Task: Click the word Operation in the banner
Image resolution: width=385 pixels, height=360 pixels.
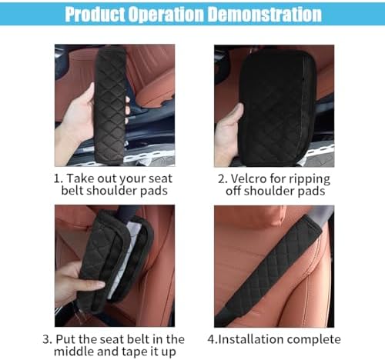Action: point(166,15)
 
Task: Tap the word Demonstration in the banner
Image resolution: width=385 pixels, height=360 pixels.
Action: point(264,14)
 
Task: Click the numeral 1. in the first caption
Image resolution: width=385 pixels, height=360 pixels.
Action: point(59,178)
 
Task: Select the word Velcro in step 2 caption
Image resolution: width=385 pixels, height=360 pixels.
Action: point(248,178)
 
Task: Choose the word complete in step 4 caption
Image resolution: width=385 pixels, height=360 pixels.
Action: point(314,340)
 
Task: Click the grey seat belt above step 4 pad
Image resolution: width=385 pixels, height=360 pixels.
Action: point(323,214)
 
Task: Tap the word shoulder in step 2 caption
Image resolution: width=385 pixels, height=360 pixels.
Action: point(269,191)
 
